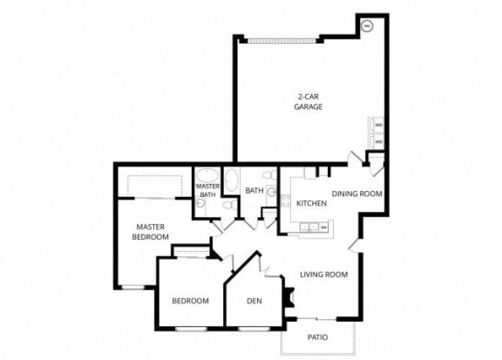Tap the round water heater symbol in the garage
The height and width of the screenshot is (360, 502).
point(367,26)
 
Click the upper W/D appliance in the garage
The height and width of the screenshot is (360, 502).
point(377,125)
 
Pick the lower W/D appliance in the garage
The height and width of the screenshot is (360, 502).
point(377,140)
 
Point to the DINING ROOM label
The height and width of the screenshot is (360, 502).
point(357,194)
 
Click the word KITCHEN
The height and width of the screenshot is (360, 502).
point(311,203)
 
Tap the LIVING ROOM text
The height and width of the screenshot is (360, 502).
point(323,275)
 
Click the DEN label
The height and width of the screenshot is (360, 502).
point(254,301)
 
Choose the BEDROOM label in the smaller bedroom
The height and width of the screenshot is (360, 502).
point(190,301)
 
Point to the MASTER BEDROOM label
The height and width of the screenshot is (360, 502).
point(151,232)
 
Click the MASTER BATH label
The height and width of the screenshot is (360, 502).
point(207,190)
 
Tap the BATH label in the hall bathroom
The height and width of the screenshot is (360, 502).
point(254,190)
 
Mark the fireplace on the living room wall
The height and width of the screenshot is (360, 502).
point(285,296)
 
